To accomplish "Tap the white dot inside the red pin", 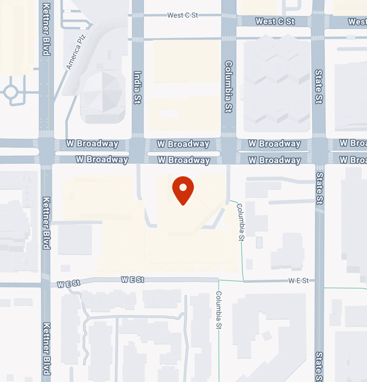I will [183, 187].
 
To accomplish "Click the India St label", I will [138, 88].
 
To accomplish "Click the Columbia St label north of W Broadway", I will [228, 86].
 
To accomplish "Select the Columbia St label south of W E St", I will [218, 310].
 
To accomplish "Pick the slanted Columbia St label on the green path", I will [240, 222].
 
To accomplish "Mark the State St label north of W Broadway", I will [319, 86].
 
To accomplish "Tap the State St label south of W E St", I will [319, 366].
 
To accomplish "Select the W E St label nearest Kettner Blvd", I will [69, 284].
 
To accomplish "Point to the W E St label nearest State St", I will [298, 281].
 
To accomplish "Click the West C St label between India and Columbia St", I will [183, 15].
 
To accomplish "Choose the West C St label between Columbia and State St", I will [275, 21].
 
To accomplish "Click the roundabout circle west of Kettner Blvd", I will [11, 92].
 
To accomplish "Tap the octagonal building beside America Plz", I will [102, 96].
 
